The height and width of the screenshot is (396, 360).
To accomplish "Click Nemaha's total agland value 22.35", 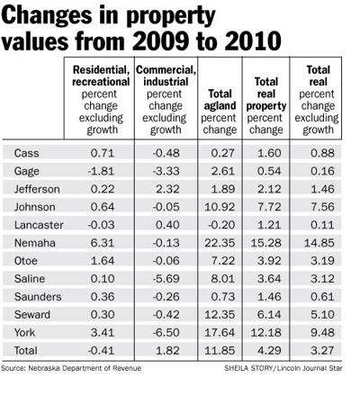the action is [220, 243].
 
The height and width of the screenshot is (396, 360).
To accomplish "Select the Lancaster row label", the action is [39, 225].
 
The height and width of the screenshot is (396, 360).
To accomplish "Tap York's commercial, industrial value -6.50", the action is [166, 332].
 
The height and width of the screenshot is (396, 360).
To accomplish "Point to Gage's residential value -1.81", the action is [101, 171].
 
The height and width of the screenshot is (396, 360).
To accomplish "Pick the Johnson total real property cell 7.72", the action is [269, 207].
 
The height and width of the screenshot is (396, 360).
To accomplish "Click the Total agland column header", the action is [220, 112].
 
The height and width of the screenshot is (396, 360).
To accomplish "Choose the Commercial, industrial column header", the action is [166, 100].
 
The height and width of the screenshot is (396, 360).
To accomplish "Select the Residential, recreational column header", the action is [101, 100].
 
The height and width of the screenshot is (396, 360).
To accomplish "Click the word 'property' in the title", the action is [171, 16].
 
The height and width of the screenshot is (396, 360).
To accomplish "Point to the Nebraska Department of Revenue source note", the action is [71, 368].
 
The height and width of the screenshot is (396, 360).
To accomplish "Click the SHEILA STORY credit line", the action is [283, 368].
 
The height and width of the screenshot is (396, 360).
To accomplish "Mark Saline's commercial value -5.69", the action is [166, 279].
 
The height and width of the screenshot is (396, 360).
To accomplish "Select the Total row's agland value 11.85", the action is [220, 350].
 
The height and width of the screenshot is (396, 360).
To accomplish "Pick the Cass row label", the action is [26, 153].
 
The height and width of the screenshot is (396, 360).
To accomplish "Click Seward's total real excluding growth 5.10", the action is [322, 315].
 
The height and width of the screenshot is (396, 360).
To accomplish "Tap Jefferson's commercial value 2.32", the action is [167, 189].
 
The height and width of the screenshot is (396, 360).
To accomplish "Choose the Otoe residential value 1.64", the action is [103, 261].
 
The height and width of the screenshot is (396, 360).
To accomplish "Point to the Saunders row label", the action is [38, 297].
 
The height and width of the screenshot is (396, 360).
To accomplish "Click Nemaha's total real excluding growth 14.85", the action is [319, 243].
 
